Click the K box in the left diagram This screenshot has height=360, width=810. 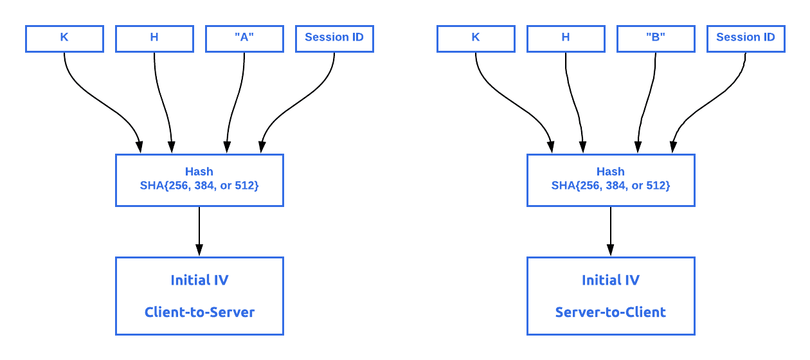(64, 38)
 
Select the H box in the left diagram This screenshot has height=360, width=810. (154, 38)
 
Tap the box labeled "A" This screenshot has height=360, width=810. (244, 38)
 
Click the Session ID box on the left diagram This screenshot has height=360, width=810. (334, 38)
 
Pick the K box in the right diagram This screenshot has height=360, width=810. (476, 38)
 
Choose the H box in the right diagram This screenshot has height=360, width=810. (566, 38)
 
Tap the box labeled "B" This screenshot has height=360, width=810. (656, 38)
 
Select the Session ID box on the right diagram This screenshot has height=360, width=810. (746, 38)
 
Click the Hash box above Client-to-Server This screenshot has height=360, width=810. (199, 179)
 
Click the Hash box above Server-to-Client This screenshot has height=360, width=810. (611, 179)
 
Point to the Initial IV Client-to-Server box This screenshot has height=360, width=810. (199, 295)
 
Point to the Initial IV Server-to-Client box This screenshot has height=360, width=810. (611, 295)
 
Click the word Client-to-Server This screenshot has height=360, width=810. (199, 313)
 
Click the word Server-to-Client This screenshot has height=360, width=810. (611, 313)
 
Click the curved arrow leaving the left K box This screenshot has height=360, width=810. (96, 96)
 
